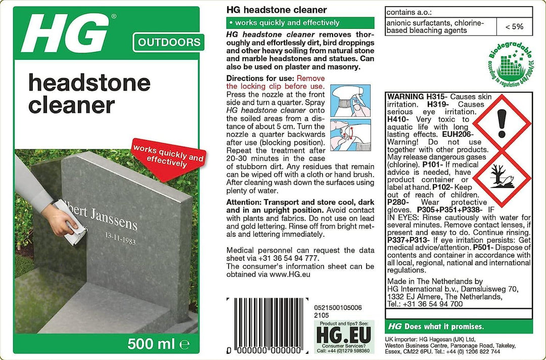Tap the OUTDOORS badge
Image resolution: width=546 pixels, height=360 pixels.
coord(169,43)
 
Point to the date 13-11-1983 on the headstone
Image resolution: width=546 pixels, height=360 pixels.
coord(121,238)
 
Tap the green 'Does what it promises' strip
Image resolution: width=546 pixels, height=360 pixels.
coord(459,327)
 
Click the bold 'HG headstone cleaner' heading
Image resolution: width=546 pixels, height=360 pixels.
coord(277,10)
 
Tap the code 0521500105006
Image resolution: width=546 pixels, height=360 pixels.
coord(338,308)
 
